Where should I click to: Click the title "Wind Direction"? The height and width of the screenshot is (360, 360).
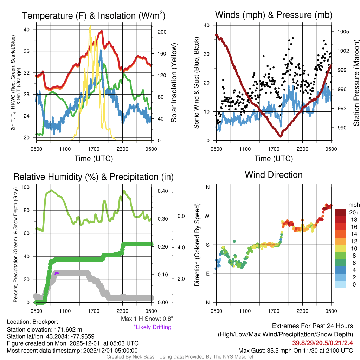[x=274, y=175]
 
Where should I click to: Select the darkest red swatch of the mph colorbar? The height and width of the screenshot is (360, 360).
[x=341, y=212]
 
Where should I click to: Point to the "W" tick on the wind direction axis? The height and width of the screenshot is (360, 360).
[x=207, y=216]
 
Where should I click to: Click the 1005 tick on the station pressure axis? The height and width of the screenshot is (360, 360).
[x=342, y=32]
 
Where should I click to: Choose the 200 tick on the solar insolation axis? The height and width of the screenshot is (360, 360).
[x=162, y=32]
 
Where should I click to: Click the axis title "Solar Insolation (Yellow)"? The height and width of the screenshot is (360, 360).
[x=174, y=83]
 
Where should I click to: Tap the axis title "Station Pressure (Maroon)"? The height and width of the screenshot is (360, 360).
[x=356, y=83]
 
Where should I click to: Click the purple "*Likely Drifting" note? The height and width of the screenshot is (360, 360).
[x=152, y=327]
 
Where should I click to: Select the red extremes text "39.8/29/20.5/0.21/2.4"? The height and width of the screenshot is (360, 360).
[x=322, y=343]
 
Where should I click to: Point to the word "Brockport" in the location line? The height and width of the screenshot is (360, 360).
[x=45, y=322]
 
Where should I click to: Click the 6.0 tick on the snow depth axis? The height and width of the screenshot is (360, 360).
[x=180, y=216]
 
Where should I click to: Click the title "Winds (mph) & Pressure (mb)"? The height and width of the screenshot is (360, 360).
[x=274, y=15]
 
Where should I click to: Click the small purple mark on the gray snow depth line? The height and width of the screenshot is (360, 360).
[x=57, y=273]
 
